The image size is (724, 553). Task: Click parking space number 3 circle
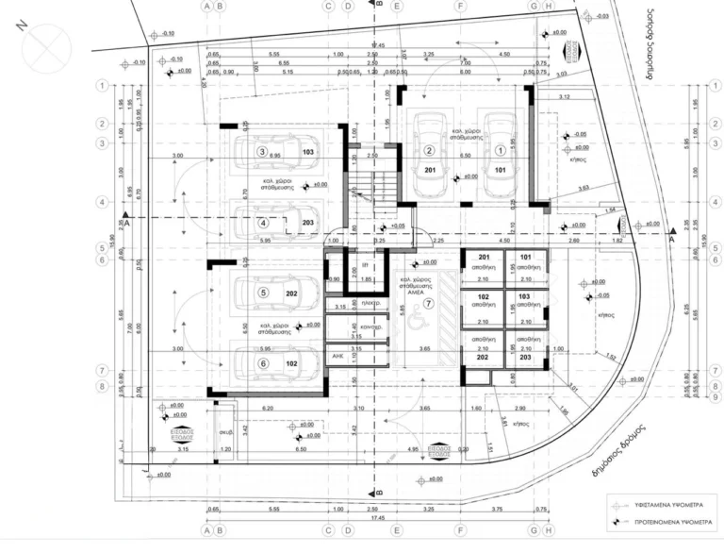[263, 151]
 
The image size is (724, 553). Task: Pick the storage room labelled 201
[485, 258]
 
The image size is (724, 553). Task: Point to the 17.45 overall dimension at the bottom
[376, 516]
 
